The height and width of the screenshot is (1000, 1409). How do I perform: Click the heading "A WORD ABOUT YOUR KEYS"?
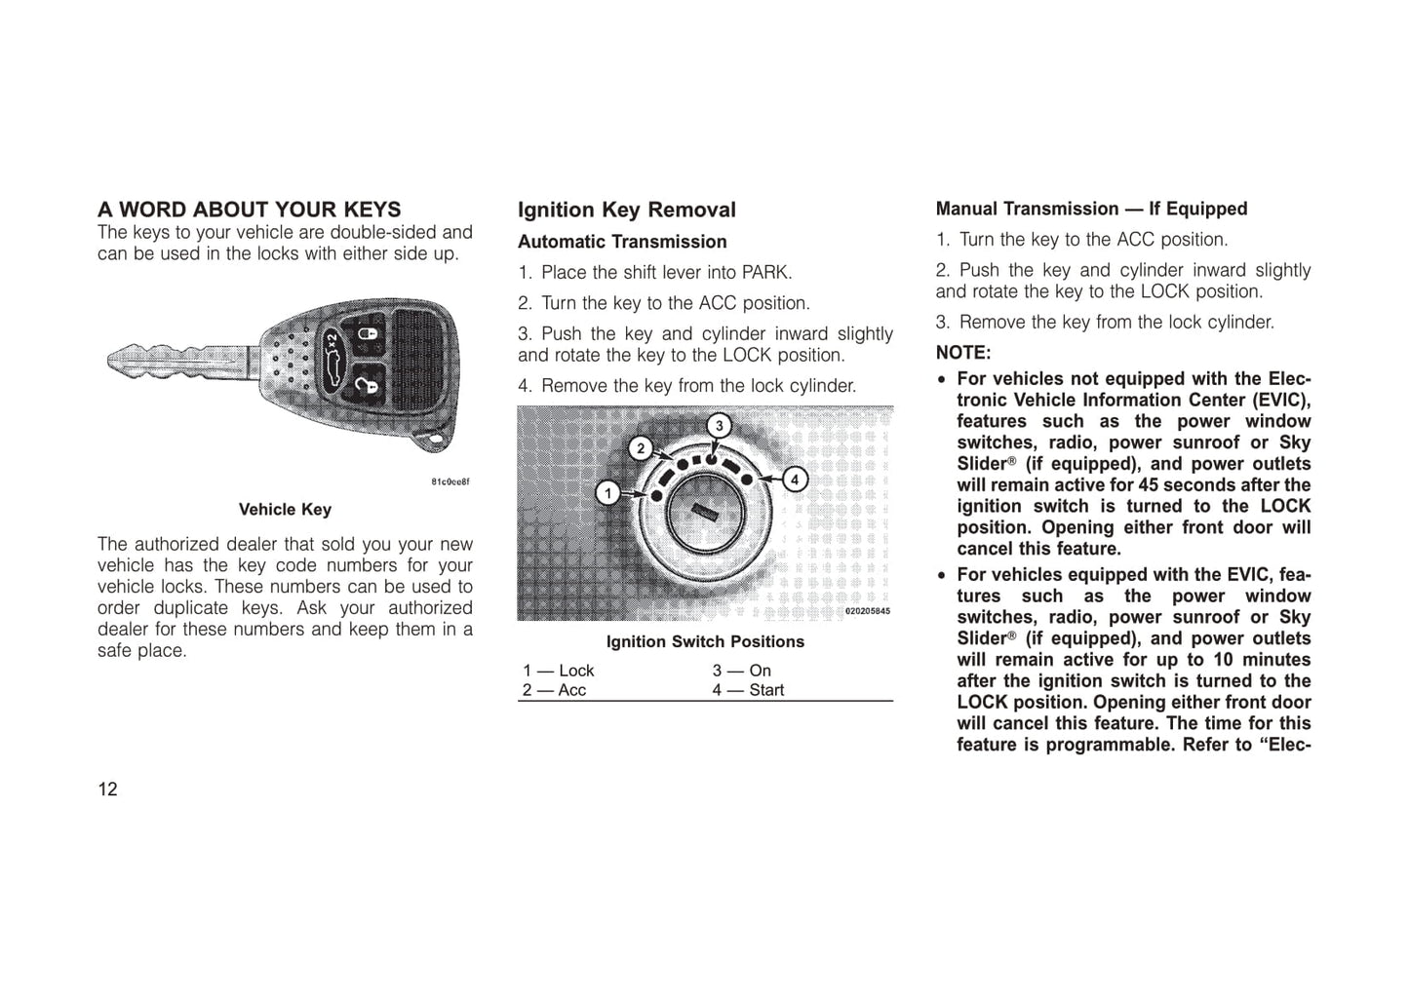(x=249, y=210)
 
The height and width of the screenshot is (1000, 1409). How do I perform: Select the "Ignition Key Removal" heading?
(x=626, y=210)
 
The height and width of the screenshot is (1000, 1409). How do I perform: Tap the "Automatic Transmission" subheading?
(x=622, y=242)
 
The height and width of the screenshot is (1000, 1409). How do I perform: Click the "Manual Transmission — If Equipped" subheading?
(x=1091, y=209)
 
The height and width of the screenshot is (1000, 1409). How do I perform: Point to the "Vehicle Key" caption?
(x=285, y=510)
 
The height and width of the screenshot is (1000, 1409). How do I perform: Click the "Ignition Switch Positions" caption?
(x=705, y=642)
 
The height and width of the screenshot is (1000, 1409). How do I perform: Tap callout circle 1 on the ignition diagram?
(x=608, y=493)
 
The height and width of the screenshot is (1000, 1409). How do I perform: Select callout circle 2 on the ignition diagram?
(x=640, y=448)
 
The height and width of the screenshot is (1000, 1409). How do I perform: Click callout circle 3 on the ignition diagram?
(x=720, y=426)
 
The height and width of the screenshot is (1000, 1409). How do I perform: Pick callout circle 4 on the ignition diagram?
(x=796, y=480)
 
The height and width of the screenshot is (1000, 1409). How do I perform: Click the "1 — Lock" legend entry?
(x=558, y=671)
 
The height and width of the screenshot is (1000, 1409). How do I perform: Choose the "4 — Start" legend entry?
(x=748, y=690)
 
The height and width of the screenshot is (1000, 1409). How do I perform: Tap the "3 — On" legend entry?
(x=741, y=671)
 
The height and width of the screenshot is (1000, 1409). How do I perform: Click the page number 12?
(x=107, y=789)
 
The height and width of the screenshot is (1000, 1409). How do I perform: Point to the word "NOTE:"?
(x=963, y=353)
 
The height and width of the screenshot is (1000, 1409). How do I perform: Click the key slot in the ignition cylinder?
(x=704, y=513)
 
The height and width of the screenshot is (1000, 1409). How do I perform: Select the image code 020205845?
(x=867, y=611)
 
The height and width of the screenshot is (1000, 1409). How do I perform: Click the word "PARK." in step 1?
(x=766, y=273)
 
